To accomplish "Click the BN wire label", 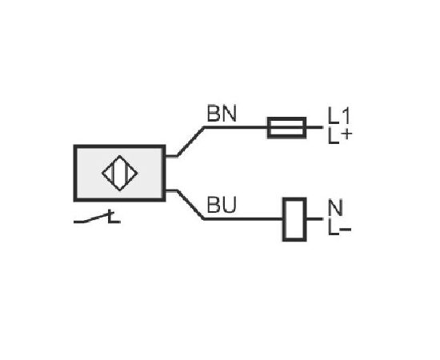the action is pos(222,114).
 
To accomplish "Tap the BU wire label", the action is pos(222,205).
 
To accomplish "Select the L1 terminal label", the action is pos(339,116).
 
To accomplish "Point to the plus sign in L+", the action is pos(347,135).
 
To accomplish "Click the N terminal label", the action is pos(335,207).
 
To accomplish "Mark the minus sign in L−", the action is pos(346,230).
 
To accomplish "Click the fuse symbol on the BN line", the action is pos(286,128).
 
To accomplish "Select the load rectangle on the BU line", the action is pos(294,219).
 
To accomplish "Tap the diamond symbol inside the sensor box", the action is pos(120,173).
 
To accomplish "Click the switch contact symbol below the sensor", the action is pos(97,218).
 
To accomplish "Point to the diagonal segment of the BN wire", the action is pos(190,142).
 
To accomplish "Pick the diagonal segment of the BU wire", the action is pos(190,205).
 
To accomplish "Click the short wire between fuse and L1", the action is pos(314,127).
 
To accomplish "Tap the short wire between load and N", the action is pos(315,219).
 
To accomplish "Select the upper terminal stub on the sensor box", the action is pos(171,156).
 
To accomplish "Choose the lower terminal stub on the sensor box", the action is pos(171,191).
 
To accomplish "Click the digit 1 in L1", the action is pos(346,116).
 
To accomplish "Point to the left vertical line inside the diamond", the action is pos(113,173).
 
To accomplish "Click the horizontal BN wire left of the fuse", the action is pos(236,127).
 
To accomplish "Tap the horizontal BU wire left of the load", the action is pos(243,219).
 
